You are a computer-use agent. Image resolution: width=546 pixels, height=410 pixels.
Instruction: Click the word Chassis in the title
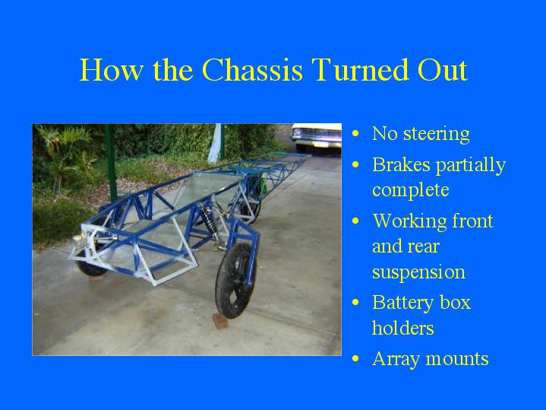pyautogui.click(x=252, y=70)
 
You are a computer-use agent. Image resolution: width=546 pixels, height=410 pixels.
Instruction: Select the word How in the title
pyautogui.click(x=112, y=70)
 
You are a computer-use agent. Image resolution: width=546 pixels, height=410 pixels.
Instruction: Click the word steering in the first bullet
pyautogui.click(x=437, y=135)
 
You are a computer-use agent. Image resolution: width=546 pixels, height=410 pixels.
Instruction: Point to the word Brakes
pyautogui.click(x=401, y=164)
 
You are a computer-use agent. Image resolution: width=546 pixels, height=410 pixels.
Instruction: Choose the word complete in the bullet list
pyautogui.click(x=411, y=190)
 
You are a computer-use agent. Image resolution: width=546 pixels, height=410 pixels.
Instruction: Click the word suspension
pyautogui.click(x=418, y=272)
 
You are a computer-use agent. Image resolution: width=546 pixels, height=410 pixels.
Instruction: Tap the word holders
pyautogui.click(x=403, y=328)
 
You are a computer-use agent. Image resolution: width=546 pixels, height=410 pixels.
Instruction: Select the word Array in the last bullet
pyautogui.click(x=396, y=360)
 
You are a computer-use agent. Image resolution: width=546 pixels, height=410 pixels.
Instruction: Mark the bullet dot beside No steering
pyautogui.click(x=355, y=133)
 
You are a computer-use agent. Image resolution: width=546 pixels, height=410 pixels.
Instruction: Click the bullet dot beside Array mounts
pyautogui.click(x=355, y=359)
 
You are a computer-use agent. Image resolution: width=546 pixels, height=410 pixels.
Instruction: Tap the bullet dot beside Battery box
pyautogui.click(x=355, y=302)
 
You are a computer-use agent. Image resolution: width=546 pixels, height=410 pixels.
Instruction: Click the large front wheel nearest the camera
pyautogui.click(x=235, y=280)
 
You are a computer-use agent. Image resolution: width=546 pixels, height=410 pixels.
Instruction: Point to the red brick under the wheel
pyautogui.click(x=220, y=321)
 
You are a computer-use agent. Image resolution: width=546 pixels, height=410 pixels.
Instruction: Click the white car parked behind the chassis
pyautogui.click(x=316, y=136)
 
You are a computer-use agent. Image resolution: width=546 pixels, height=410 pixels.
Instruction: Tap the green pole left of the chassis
pyautogui.click(x=111, y=162)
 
